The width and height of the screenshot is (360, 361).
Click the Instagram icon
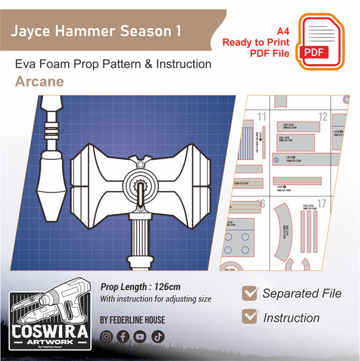106,335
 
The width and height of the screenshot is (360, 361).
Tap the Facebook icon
123,335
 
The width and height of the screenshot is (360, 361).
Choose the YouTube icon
140,335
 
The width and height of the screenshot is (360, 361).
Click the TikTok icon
157,335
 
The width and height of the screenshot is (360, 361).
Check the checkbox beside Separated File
249,293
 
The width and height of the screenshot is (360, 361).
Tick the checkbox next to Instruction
249,316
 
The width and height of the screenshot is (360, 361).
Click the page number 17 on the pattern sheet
322,204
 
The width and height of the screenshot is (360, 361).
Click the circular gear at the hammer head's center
141,182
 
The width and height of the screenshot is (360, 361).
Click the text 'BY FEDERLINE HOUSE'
132,319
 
